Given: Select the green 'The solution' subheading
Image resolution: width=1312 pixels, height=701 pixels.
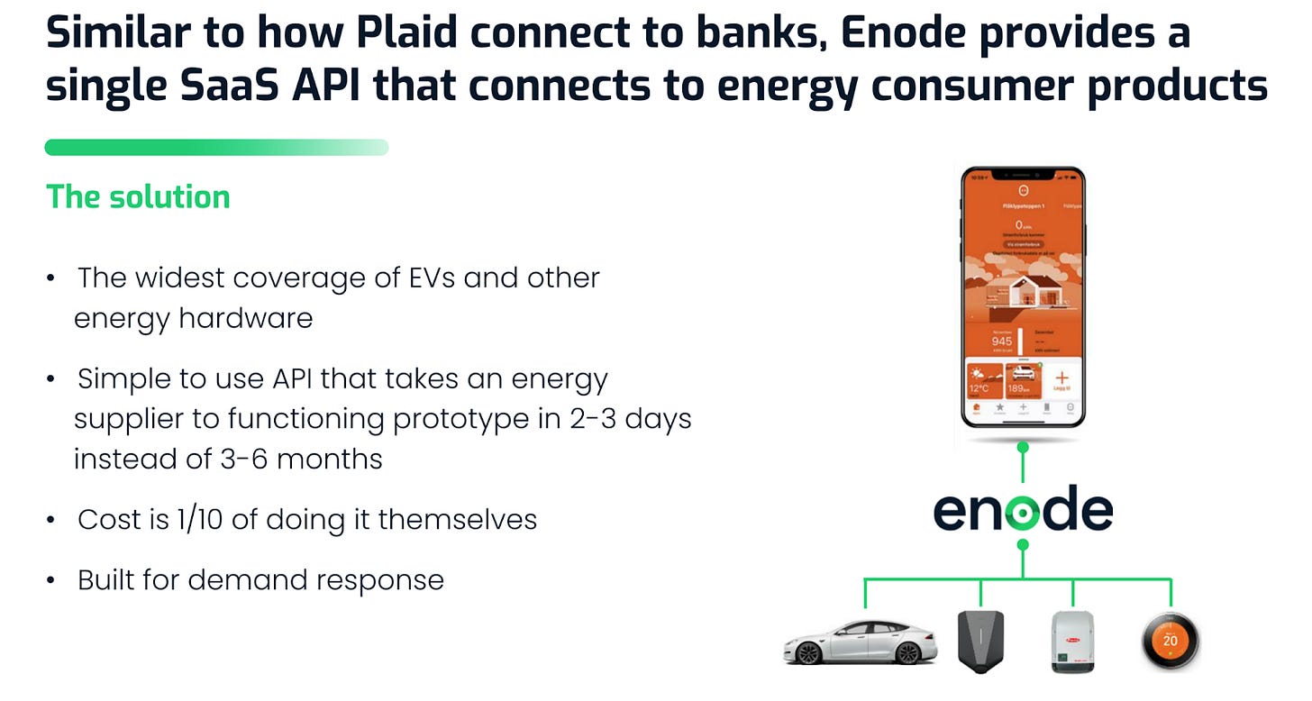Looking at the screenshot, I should coord(138,196).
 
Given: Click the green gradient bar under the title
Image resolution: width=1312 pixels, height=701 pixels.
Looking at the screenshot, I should coord(216,147).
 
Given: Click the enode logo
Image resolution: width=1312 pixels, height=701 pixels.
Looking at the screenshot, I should coord(1023,510).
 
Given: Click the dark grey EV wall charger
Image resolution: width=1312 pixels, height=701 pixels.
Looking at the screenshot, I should coord(979,637).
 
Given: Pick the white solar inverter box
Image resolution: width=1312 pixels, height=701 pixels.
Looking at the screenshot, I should coord(1074,642).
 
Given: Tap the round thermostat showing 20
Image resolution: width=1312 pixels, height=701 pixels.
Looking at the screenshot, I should coord(1170,640).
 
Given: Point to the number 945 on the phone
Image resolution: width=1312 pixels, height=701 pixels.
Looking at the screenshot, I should coord(1001,341).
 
